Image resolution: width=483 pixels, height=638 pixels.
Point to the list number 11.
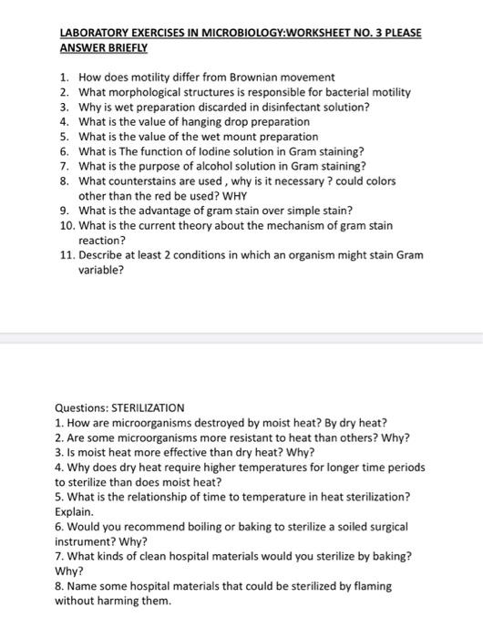coord(66,255)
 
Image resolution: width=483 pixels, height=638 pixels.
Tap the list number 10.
coord(66,225)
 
